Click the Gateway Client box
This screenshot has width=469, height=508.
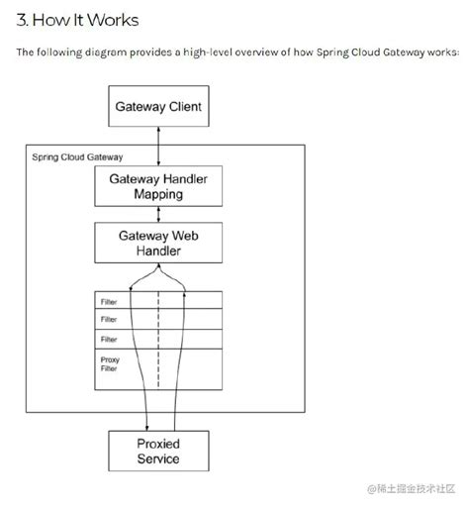tap(158, 105)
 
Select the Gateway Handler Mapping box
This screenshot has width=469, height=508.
tap(158, 185)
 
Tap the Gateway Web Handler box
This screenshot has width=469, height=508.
tap(158, 243)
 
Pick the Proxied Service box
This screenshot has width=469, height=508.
tap(158, 450)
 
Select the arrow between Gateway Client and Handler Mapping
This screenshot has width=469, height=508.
tap(158, 146)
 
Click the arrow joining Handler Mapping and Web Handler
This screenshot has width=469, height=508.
tap(158, 213)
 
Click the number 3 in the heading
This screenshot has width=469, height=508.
tap(22, 20)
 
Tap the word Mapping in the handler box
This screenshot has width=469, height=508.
tap(158, 194)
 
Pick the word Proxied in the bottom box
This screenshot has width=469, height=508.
tap(158, 442)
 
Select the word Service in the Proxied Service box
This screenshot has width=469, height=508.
tap(158, 458)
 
